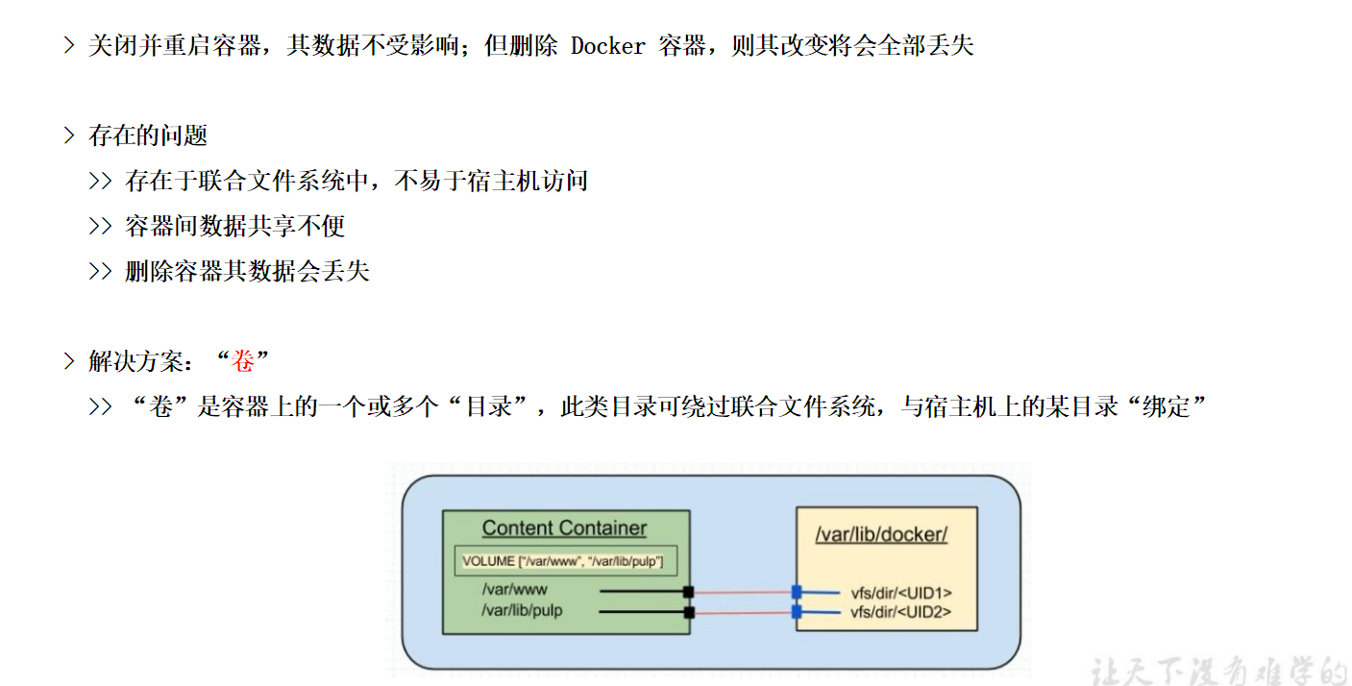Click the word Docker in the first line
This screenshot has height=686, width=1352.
(608, 46)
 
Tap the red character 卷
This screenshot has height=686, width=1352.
(243, 361)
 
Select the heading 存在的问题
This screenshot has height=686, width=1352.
(148, 135)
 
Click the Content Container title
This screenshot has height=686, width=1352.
(564, 527)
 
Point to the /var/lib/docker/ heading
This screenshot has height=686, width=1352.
(881, 534)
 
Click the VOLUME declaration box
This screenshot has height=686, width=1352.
(566, 561)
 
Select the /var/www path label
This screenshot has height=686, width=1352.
(514, 590)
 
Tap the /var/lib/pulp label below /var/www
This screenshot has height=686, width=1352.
(522, 611)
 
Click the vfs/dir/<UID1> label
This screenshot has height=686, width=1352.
(901, 593)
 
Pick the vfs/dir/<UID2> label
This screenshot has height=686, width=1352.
(900, 612)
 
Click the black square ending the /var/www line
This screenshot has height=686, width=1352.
(688, 592)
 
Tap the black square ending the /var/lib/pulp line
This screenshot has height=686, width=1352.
(689, 613)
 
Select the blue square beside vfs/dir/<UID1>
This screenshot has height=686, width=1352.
(797, 593)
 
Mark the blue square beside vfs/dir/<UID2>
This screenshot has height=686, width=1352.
(797, 613)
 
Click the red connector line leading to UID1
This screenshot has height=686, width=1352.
(743, 593)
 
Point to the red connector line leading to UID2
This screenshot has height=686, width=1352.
(743, 613)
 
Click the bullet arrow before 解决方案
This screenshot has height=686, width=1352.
(69, 361)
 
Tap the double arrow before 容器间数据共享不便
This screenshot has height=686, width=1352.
(100, 226)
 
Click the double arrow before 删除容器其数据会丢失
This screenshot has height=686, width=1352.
(100, 271)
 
